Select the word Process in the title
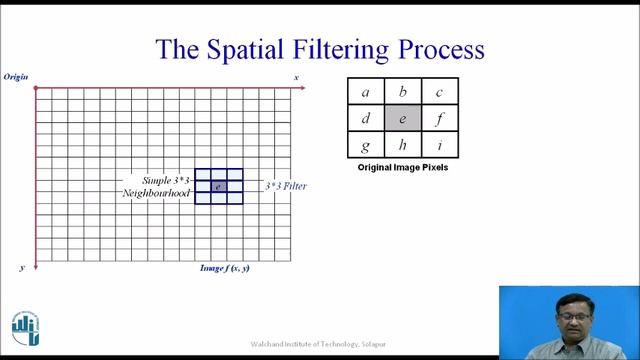[441, 49]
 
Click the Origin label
[16, 77]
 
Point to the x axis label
[296, 77]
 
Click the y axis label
[21, 268]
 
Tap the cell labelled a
[365, 93]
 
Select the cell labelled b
[402, 93]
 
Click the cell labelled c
[439, 93]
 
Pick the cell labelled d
[365, 119]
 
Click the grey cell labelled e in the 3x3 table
[402, 119]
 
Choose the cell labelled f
[439, 119]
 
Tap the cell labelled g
[365, 145]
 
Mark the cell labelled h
[402, 145]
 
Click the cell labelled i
[439, 145]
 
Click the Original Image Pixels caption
[402, 168]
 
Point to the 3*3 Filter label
[285, 186]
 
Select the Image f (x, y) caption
[225, 268]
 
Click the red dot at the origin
[36, 88]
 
